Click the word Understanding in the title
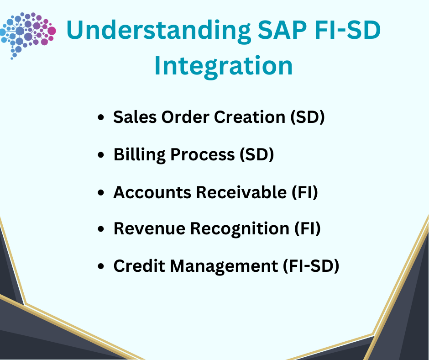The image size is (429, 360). [158, 31]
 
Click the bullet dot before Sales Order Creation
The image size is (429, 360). [101, 117]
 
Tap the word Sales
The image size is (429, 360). [135, 117]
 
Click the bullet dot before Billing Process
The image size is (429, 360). [101, 154]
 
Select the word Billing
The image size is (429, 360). [140, 155]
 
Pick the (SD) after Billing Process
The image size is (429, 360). [256, 155]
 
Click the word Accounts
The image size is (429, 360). [152, 192]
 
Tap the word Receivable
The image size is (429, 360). [241, 192]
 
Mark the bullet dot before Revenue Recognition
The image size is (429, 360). [101, 229]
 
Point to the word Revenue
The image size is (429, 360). [149, 228]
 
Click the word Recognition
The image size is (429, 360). [240, 229]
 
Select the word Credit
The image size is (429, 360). [139, 266]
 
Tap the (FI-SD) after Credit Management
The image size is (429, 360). [311, 266]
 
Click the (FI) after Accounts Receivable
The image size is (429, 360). [305, 192]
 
